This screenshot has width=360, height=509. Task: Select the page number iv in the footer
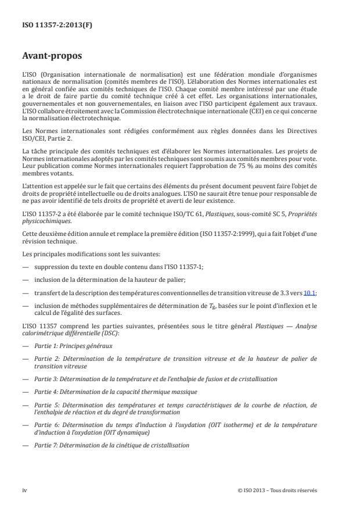pyautogui.click(x=25, y=490)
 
